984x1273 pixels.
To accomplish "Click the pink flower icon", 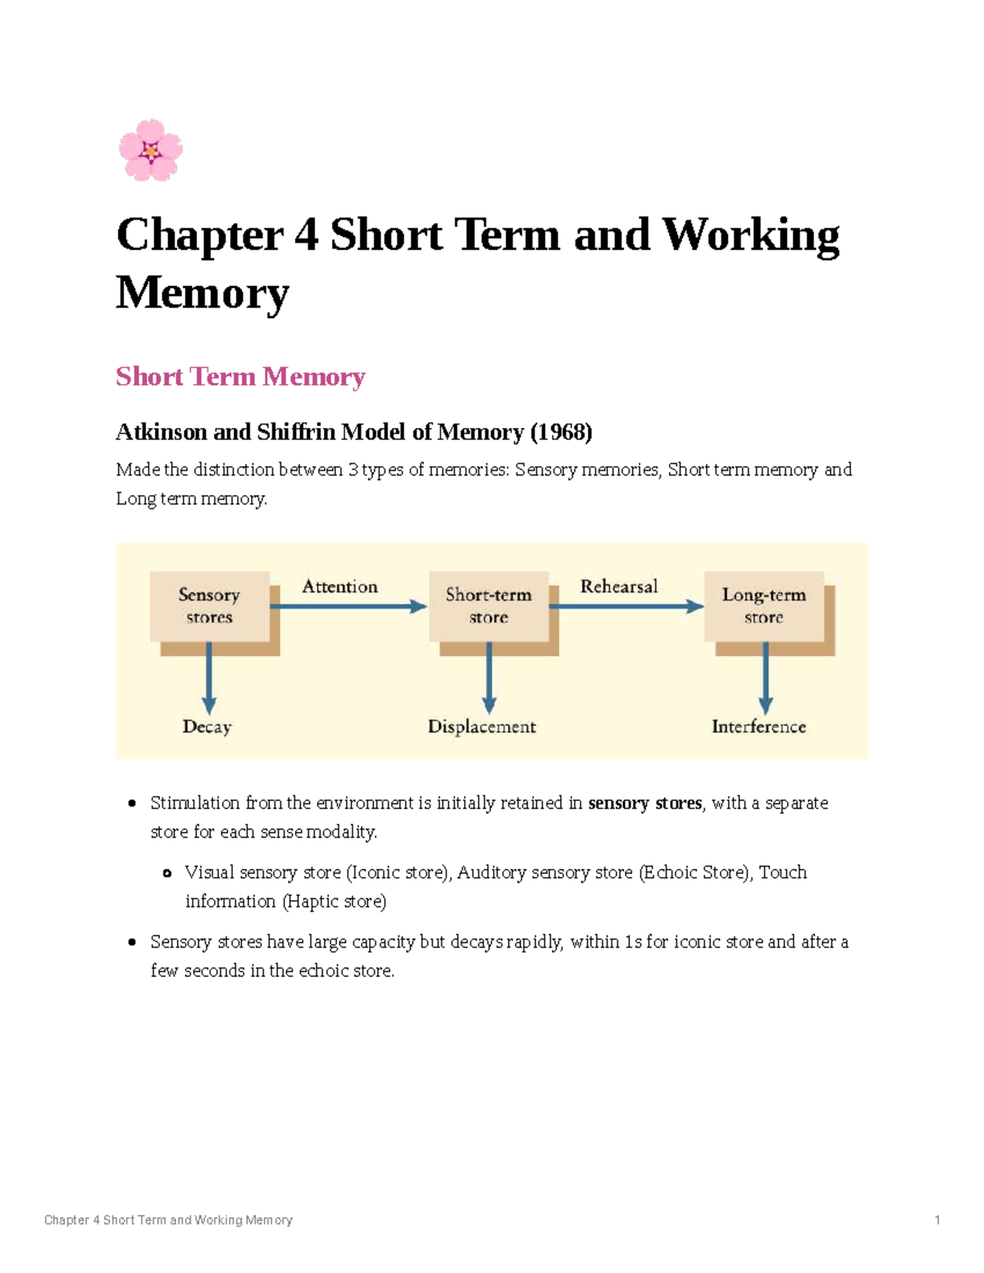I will coord(151,150).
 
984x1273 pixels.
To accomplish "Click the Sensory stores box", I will coord(210,607).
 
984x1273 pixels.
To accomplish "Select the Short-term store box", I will coord(489,607).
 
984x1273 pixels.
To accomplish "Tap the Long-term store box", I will coord(764,607).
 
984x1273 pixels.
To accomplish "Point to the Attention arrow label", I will coord(339,587).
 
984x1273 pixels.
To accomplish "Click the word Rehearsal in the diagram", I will coord(619,587).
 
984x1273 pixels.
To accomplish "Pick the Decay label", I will coord(207,727).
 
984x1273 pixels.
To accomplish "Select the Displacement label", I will coord(482,727).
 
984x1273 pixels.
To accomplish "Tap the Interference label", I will coord(758,727).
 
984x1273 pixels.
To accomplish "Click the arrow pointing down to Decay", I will coord(209,678).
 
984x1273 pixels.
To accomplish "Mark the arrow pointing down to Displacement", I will coord(490,678).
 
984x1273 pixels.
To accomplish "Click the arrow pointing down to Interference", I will coord(766,678).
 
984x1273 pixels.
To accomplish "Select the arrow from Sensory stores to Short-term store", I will coord(348,607).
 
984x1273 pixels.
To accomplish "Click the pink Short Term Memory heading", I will coord(240,377).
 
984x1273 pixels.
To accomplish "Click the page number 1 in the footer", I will coord(937,1221).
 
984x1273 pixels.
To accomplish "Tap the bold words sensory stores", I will coord(645,803).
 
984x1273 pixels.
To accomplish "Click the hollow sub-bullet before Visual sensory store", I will coord(167,874).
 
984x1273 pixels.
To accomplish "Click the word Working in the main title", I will coord(750,235).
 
